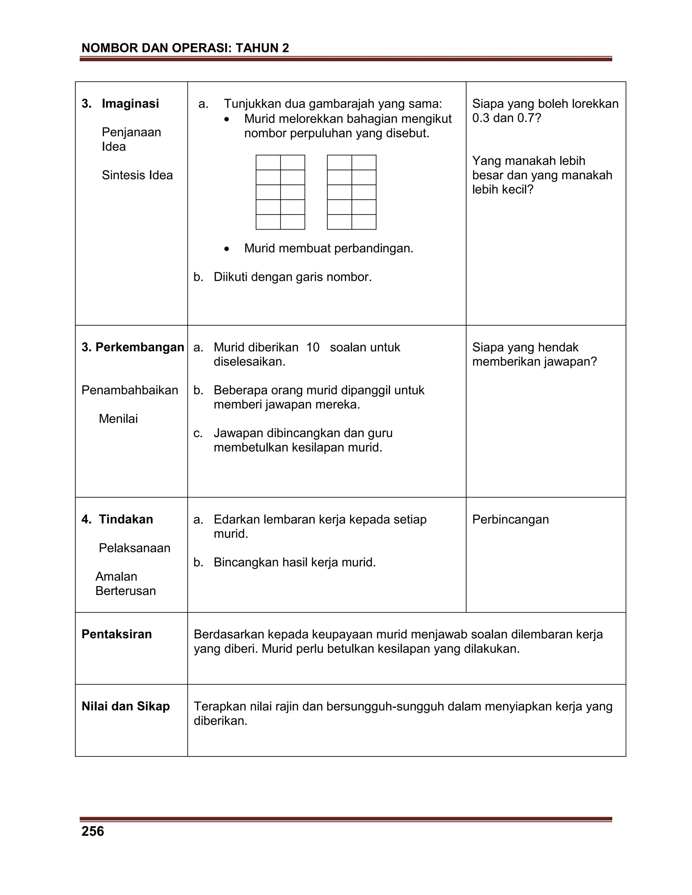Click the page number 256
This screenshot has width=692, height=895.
93,831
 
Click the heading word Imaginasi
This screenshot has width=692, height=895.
130,104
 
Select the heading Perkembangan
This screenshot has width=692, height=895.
140,347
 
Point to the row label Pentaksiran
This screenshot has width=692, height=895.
117,634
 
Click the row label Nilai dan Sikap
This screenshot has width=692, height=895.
125,706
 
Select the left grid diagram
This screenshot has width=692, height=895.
280,192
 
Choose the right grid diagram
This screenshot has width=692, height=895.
351,192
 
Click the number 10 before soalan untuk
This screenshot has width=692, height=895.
313,348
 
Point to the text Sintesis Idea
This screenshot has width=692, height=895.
137,175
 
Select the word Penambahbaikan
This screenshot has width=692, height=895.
129,390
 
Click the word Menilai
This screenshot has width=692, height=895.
118,419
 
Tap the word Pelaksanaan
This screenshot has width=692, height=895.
134,548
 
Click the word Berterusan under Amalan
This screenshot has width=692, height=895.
125,591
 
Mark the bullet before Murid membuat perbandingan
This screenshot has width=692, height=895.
227,249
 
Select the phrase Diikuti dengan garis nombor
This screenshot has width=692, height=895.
292,277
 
